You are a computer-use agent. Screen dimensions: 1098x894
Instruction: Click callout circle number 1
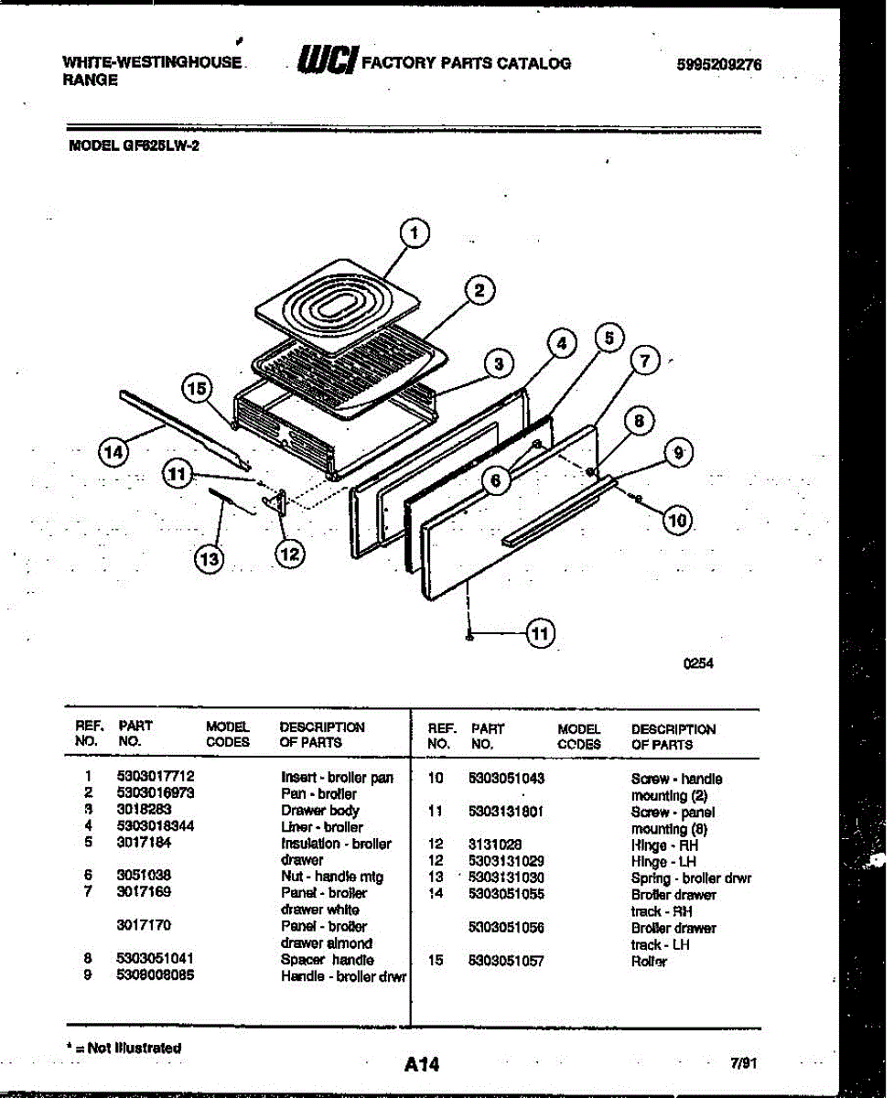(415, 233)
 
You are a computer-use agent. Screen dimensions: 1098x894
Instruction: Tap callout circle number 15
(196, 388)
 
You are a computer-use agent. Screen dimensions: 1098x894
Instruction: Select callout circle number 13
(210, 559)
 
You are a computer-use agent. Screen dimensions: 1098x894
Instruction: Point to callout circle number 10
(676, 521)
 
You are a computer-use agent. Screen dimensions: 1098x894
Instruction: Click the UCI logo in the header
(327, 62)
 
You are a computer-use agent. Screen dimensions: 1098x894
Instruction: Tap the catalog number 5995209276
(718, 65)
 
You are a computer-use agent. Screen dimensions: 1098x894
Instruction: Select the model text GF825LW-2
(165, 145)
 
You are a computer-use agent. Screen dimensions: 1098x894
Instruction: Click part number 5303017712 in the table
(156, 777)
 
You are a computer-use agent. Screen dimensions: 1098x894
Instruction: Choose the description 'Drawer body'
(320, 810)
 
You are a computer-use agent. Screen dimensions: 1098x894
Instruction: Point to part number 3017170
(144, 925)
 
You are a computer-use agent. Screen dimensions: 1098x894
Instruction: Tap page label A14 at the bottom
(422, 1064)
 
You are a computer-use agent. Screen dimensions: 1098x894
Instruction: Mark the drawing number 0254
(699, 664)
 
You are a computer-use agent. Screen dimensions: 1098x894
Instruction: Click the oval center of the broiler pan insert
(339, 303)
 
